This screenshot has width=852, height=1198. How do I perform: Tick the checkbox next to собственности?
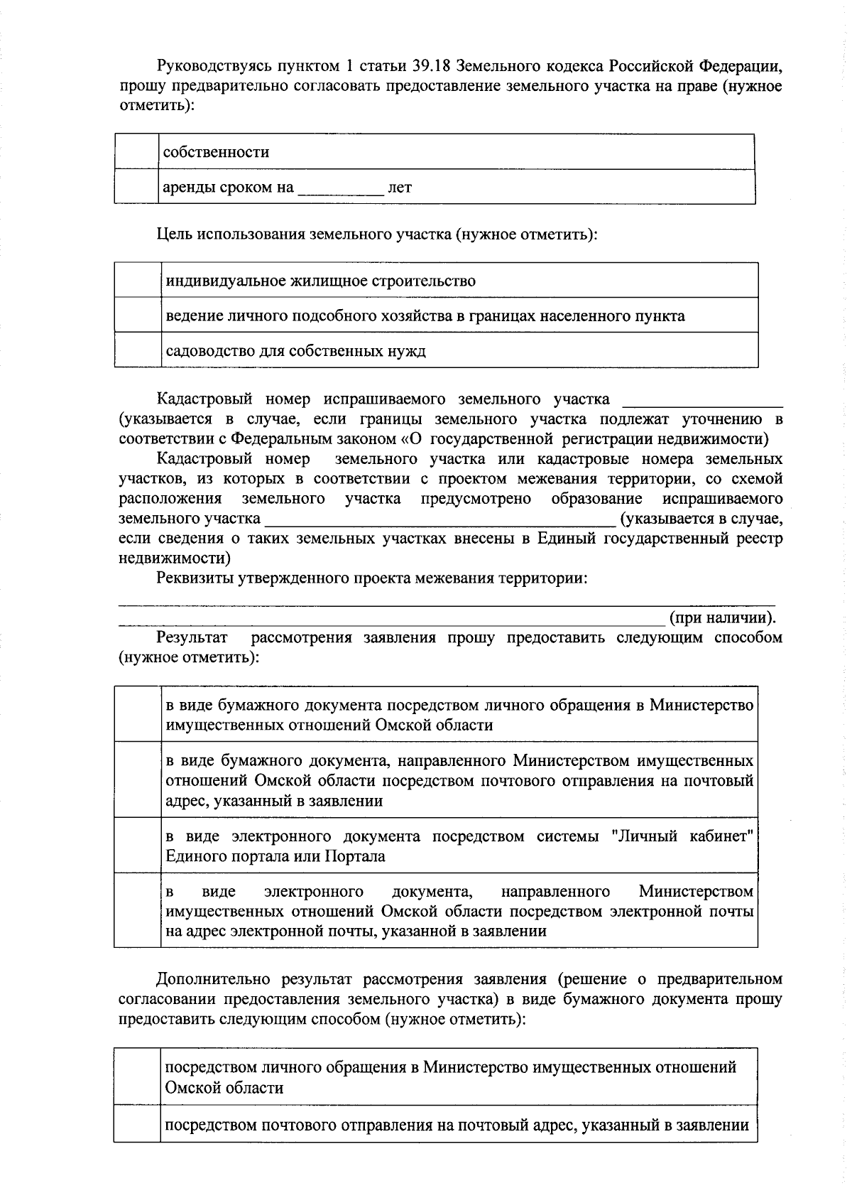(x=136, y=152)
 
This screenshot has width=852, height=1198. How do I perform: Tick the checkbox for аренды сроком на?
(x=136, y=187)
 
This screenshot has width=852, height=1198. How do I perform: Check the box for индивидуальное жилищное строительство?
(x=138, y=281)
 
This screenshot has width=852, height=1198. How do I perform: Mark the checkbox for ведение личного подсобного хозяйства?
(x=138, y=315)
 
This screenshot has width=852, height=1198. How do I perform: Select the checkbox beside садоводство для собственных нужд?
(x=138, y=350)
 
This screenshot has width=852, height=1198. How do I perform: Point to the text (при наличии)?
(x=722, y=617)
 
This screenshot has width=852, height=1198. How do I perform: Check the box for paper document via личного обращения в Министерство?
(x=138, y=715)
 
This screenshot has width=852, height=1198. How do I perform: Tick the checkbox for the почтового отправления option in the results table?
(x=138, y=780)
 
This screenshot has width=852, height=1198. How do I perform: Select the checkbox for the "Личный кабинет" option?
(x=138, y=846)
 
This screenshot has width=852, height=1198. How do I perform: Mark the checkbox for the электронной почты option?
(x=138, y=911)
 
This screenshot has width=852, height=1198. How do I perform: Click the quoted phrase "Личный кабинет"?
(x=682, y=836)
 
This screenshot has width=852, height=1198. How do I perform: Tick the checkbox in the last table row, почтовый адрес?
(x=137, y=1125)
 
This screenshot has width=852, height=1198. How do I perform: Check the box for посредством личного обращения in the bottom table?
(x=137, y=1077)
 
